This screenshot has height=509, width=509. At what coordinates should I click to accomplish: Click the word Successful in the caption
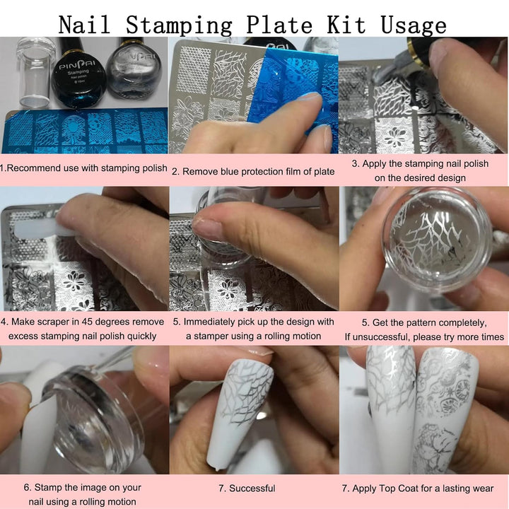[252, 488]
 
